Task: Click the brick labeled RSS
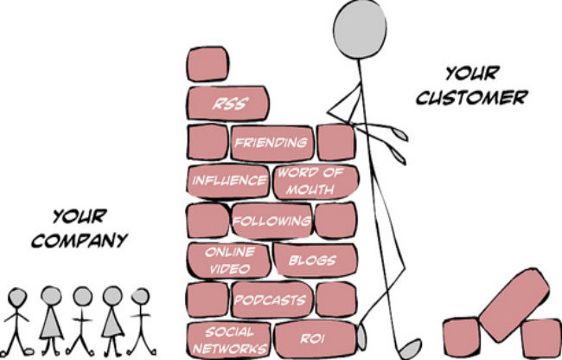pos(227,103)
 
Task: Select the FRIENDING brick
pos(272,143)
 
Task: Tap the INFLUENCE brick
pos(227,181)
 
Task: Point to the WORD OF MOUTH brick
pos(316,182)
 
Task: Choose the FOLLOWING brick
pos(272,221)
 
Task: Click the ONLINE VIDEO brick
pos(228,260)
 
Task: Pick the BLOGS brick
pos(315,260)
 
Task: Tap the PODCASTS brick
pos(272,299)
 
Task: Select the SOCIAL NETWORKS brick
pos(228,340)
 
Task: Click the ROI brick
pos(316,339)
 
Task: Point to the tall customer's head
pos(360,29)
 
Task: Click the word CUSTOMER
pos(472,97)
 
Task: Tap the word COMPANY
pos(80,240)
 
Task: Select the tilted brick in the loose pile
pos(514,305)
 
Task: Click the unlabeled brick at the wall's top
pos(208,64)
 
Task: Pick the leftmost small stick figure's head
pos(17,297)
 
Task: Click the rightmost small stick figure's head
pos(140,296)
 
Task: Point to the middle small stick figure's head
pos(83,296)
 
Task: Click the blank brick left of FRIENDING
pos(208,142)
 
